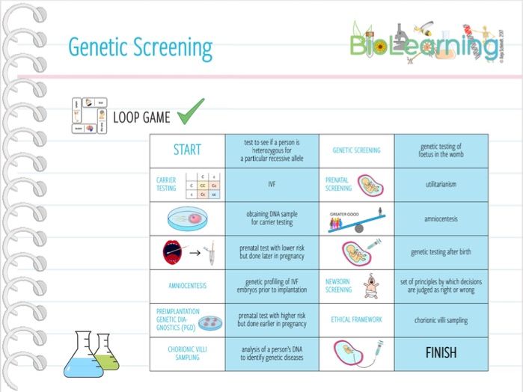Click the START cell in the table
coord(187,150)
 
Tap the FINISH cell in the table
coord(441,352)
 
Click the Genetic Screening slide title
coord(140,47)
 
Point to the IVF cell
coord(272,183)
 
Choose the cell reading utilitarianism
coord(441,183)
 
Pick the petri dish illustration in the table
coord(187,218)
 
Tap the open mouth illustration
coord(171,253)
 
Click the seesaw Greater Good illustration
coord(356,219)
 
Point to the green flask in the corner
coord(107,352)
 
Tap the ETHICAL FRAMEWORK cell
coord(356,319)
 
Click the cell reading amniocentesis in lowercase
coord(441,219)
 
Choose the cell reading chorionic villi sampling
coord(441,320)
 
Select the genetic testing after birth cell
coord(441,252)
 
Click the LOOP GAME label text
coord(141,117)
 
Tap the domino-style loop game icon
coord(88,116)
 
